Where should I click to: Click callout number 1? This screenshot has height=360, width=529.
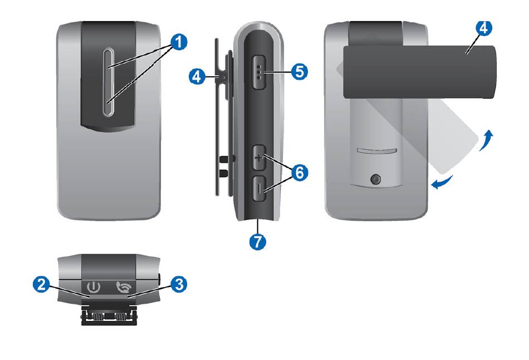tap(179, 42)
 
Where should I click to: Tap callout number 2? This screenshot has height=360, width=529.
tap(41, 284)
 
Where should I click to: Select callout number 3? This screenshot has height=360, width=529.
tap(179, 284)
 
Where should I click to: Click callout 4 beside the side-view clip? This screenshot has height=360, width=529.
tap(197, 76)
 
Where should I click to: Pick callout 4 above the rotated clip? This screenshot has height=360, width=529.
tap(484, 28)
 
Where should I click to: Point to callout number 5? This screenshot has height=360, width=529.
tap(299, 71)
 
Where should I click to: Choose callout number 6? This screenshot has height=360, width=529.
tap(299, 173)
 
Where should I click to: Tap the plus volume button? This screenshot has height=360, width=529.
tap(259, 158)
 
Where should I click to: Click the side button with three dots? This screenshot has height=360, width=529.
tap(258, 72)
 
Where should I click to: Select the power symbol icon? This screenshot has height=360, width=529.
tap(94, 288)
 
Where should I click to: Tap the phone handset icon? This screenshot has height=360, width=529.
tap(124, 287)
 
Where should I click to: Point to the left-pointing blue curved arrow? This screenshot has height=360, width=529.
tap(442, 183)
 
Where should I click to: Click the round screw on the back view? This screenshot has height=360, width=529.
tap(375, 179)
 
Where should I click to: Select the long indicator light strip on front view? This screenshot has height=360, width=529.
tap(109, 82)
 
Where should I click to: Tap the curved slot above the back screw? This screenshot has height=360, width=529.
tap(376, 150)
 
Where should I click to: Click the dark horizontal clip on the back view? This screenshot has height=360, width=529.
tap(419, 72)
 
